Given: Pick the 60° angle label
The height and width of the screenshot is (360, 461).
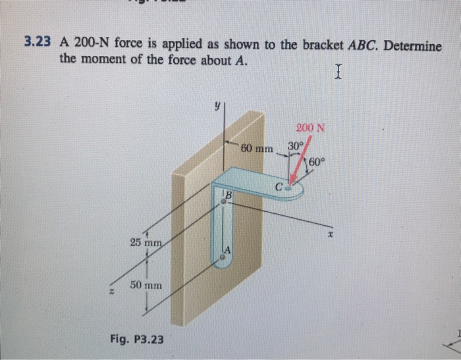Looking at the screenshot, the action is (x=316, y=162).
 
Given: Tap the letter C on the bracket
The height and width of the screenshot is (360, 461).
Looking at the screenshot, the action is (x=280, y=188).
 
